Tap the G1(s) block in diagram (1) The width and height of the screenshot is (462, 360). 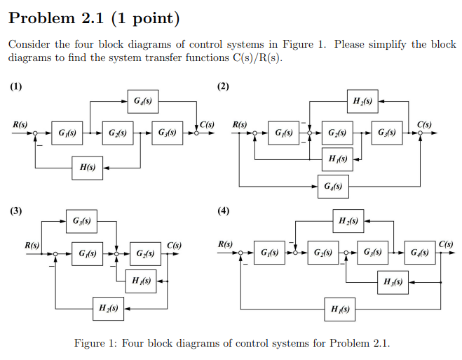(x=67, y=133)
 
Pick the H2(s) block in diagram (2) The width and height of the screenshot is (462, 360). (x=363, y=101)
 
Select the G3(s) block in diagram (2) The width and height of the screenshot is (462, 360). (x=386, y=133)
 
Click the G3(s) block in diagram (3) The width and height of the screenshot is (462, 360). (x=81, y=222)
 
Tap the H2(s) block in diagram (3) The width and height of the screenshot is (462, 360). (x=109, y=307)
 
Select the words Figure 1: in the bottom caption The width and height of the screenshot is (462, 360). (x=95, y=343)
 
